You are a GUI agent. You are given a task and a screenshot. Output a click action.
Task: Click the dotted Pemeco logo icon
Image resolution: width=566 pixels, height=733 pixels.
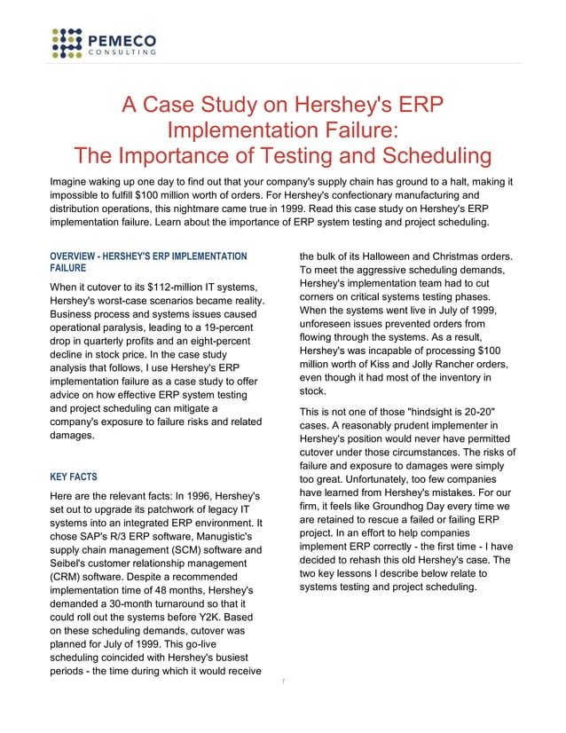[68, 43]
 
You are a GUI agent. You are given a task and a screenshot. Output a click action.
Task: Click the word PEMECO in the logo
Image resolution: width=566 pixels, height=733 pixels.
[122, 38]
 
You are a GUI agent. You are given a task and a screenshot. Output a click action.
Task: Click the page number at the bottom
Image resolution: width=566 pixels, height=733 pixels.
[282, 682]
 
